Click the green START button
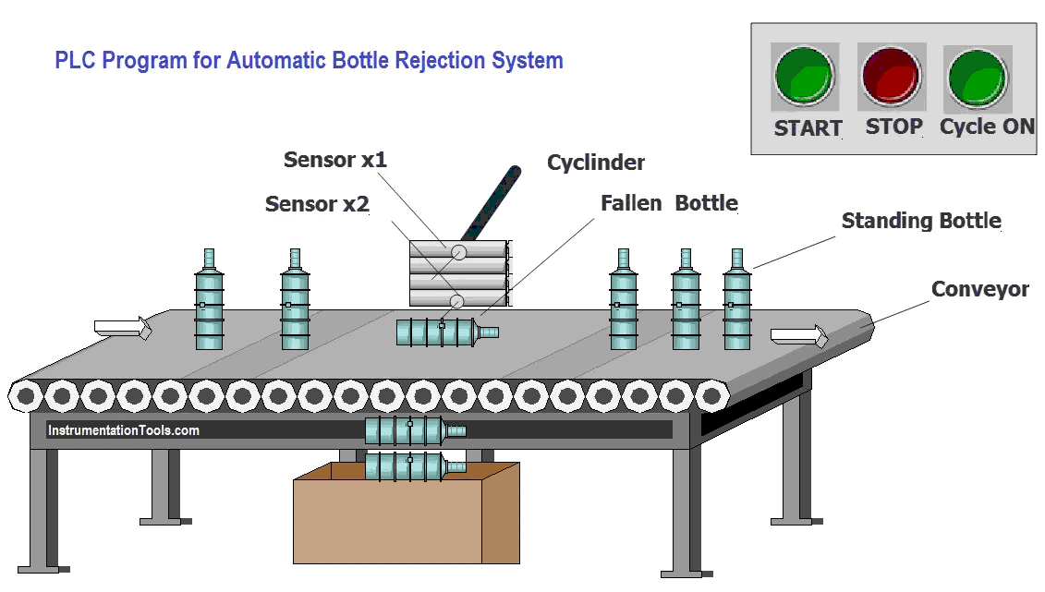805,77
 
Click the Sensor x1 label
335,160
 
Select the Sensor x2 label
317,204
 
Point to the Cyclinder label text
596,163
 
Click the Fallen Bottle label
669,203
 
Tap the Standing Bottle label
922,221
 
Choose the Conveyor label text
980,289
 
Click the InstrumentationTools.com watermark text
123,430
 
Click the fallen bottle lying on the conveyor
447,332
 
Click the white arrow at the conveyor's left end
123,328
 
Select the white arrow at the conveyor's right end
799,335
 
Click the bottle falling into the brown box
415,466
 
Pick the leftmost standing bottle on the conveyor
209,299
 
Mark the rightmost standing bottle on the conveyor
737,299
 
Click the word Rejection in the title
441,61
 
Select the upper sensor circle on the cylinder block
458,252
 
